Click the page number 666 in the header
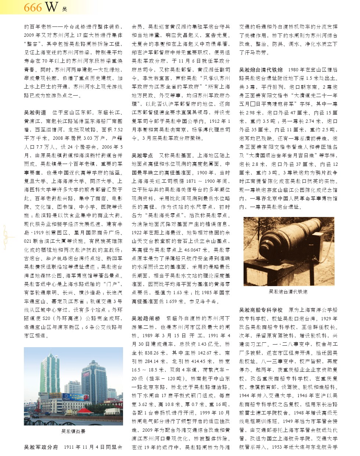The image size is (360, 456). (33, 7)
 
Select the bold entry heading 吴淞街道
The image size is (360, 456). (35, 113)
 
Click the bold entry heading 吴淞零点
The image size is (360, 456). (143, 156)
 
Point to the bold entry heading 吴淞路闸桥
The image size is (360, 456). (146, 318)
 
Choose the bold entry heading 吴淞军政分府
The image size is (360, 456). (41, 447)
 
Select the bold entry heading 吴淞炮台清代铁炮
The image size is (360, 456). (261, 70)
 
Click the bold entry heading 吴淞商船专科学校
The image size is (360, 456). (261, 310)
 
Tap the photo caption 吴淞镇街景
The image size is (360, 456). (73, 431)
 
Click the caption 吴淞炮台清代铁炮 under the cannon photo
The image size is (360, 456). (288, 292)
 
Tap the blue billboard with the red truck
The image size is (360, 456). (75, 397)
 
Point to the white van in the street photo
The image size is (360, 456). (28, 417)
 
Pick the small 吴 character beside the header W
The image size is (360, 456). (64, 9)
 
